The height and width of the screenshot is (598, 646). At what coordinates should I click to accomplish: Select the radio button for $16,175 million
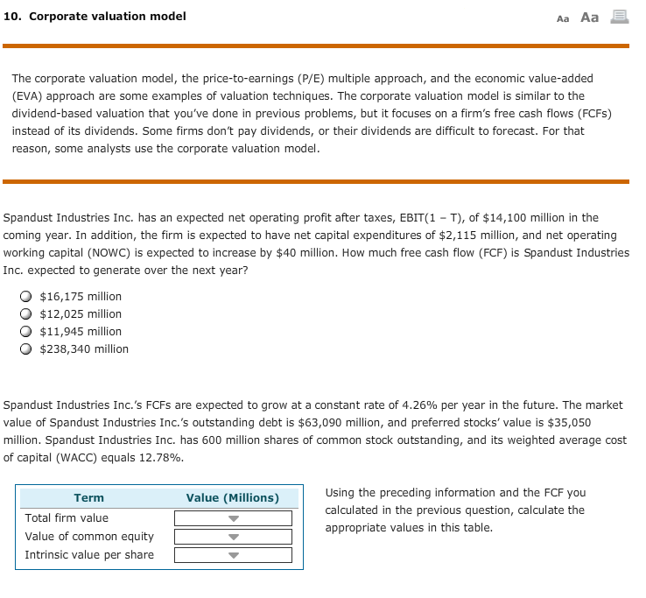(28, 297)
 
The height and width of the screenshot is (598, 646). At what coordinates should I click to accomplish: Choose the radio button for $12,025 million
(28, 314)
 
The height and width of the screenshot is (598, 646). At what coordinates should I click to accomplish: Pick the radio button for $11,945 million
(28, 332)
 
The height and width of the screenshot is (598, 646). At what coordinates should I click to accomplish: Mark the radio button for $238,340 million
(28, 349)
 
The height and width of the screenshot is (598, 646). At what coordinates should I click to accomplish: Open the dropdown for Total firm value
(233, 518)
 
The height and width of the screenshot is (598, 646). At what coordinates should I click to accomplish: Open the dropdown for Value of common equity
(233, 537)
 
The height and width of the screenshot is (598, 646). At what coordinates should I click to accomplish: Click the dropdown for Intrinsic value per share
(233, 555)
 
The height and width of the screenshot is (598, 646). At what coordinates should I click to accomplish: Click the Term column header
(88, 498)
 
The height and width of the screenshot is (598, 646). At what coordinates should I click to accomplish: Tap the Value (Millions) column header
(233, 498)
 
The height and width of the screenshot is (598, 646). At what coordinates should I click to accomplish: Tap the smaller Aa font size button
(563, 18)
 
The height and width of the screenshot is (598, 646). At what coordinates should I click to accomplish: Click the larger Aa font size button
(589, 18)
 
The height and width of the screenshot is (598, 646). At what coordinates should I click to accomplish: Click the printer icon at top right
(620, 17)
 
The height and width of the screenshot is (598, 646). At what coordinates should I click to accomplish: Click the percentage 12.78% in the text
(164, 458)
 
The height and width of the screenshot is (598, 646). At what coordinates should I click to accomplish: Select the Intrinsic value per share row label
(89, 555)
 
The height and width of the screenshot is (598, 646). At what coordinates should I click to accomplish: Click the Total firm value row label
(67, 518)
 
